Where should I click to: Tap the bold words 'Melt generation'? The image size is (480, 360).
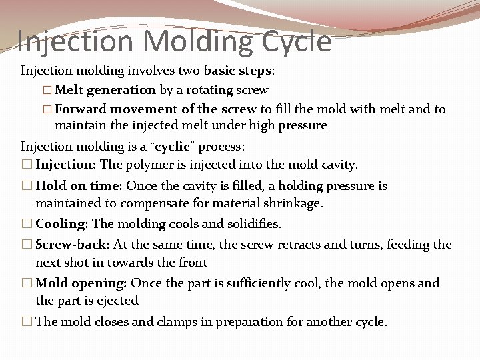[x=105, y=89]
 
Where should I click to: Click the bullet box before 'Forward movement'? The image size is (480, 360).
[x=47, y=109]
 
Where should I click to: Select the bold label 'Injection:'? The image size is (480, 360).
[x=65, y=164]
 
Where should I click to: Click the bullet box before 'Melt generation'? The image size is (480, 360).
[x=47, y=89]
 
